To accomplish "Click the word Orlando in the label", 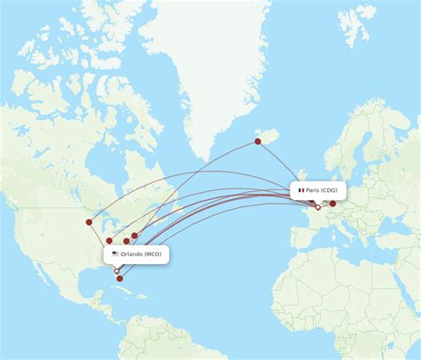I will (132, 253).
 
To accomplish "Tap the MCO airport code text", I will (154, 253).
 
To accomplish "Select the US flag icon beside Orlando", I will (115, 253).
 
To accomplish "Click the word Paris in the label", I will (314, 190).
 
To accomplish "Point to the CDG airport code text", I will (330, 190).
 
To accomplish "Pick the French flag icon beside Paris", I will (301, 190).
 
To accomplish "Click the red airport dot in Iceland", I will (258, 140).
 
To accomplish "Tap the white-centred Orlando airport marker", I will (116, 270).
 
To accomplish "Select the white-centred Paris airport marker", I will (317, 207).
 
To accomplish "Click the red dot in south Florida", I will (121, 279).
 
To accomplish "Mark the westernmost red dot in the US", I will (89, 222).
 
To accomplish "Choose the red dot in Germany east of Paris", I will (333, 204).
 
